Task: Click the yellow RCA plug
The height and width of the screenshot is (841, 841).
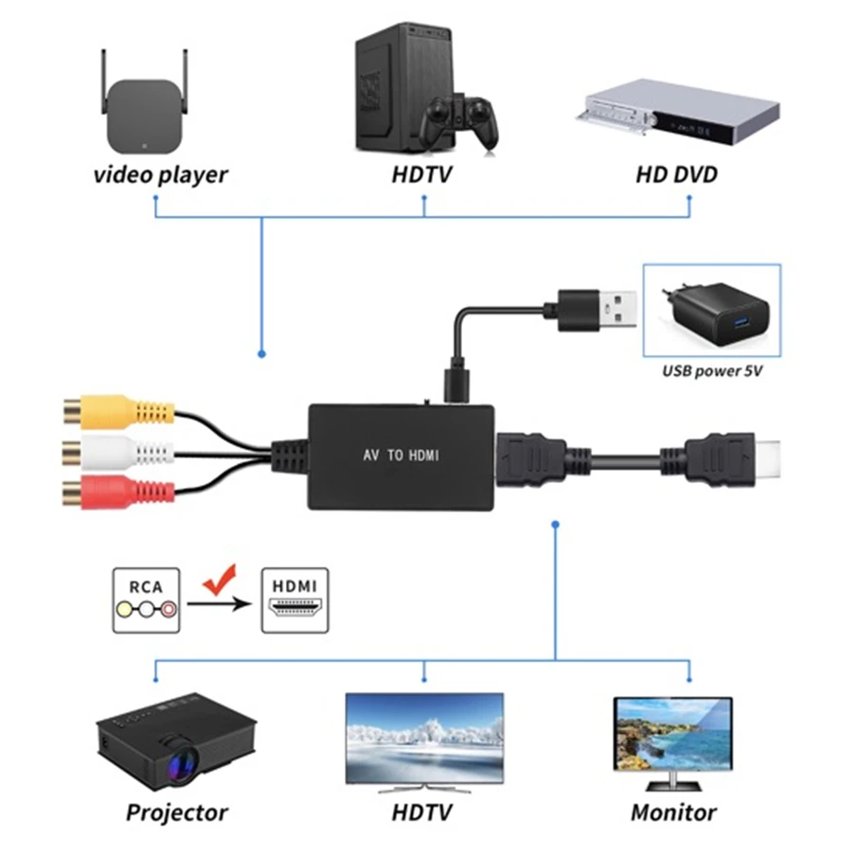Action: click(118, 412)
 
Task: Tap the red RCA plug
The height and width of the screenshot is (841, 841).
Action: click(118, 492)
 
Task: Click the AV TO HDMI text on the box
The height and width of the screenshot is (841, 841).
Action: click(402, 456)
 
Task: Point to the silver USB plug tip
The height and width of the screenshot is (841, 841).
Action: click(617, 310)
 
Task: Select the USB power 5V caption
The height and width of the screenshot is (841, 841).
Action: click(712, 371)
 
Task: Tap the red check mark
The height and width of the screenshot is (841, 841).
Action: click(220, 581)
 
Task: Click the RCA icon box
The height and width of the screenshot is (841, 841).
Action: click(146, 600)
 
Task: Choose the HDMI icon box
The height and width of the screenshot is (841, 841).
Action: click(295, 600)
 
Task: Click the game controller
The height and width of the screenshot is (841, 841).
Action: click(459, 122)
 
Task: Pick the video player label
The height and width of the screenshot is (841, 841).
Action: click(160, 175)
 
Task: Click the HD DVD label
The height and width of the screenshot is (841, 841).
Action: click(676, 175)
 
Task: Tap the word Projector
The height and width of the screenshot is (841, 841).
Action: click(176, 813)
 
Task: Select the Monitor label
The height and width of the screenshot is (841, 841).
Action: click(673, 813)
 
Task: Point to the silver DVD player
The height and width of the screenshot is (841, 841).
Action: click(677, 112)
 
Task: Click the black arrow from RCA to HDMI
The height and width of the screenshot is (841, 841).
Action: click(220, 604)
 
